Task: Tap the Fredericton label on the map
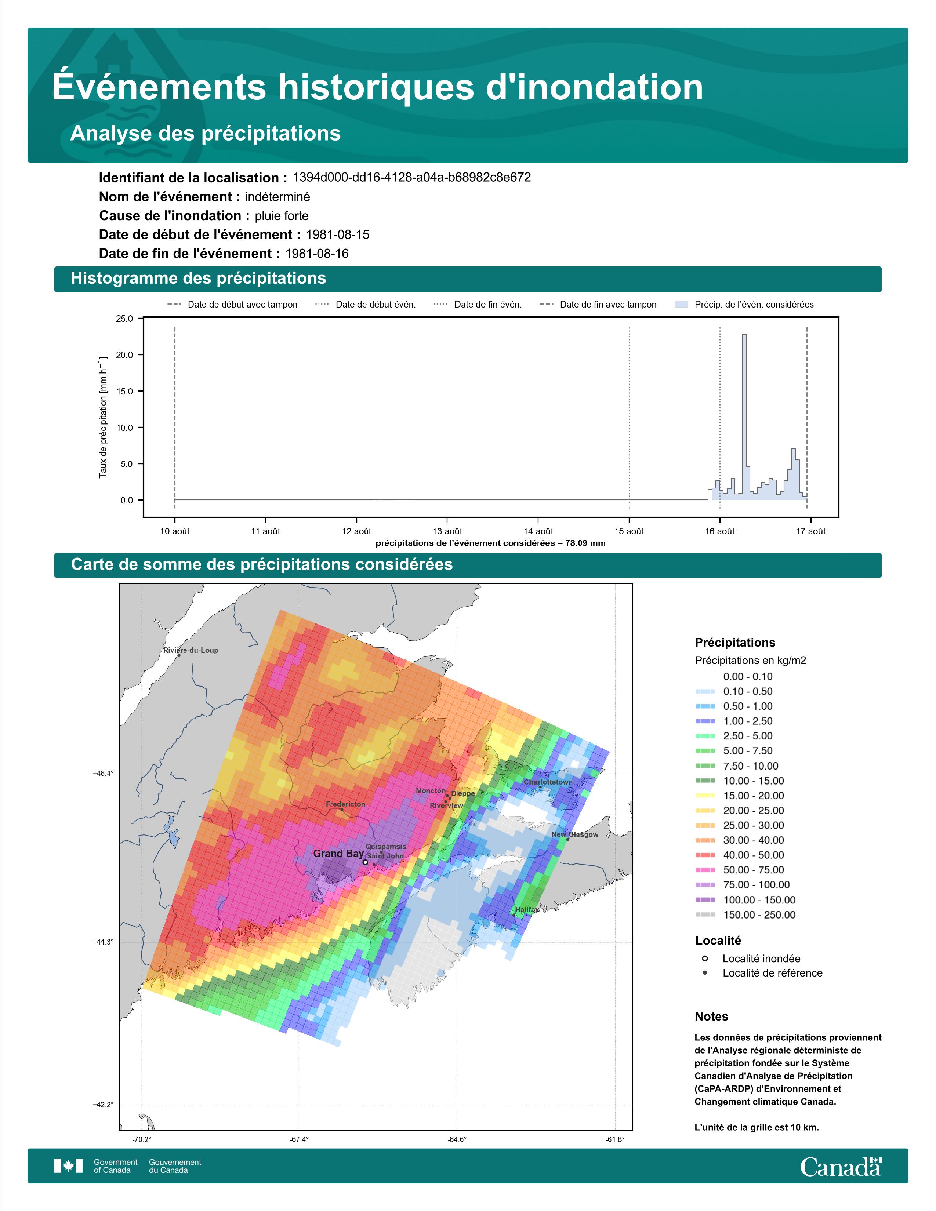point(345,804)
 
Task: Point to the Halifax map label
point(527,910)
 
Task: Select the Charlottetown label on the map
point(548,782)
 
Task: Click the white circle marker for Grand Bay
point(365,862)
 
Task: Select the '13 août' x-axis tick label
point(447,531)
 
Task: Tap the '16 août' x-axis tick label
point(720,531)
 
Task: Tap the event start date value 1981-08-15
point(338,234)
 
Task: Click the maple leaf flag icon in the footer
point(68,1166)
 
